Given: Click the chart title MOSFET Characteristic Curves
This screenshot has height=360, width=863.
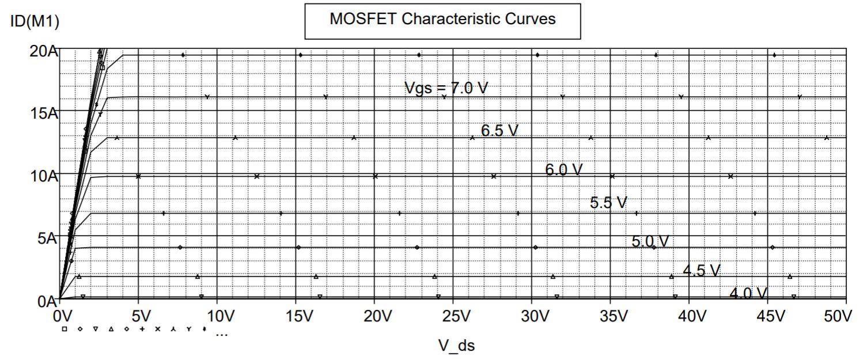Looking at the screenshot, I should [442, 20].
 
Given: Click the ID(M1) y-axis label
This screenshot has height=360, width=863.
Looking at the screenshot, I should [35, 22].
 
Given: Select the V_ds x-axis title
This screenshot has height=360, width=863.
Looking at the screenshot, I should [456, 345].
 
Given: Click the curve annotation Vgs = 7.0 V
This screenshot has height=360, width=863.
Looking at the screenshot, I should [446, 88].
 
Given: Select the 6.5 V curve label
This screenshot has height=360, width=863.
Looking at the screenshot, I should [499, 131].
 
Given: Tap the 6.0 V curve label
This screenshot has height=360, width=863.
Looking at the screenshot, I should [564, 170].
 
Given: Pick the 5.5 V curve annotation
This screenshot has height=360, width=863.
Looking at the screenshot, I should [608, 203].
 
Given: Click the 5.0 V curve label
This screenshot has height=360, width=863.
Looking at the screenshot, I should [650, 241].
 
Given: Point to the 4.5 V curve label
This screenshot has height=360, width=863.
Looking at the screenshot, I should [701, 270].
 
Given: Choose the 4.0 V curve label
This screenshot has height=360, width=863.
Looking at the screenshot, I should [748, 294].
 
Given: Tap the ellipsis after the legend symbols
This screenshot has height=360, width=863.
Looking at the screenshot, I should [221, 332].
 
